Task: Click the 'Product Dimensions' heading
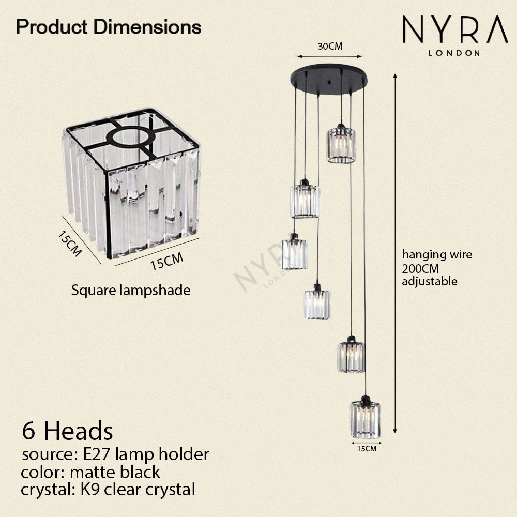click(109, 26)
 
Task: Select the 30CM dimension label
click(330, 46)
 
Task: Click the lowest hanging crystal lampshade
click(365, 419)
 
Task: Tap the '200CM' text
click(419, 268)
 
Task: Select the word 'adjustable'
click(430, 282)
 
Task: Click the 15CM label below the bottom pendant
click(366, 449)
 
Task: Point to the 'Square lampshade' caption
click(131, 291)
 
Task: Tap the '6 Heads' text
click(67, 430)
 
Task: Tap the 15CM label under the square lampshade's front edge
click(166, 263)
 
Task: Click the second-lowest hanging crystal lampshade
click(352, 356)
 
